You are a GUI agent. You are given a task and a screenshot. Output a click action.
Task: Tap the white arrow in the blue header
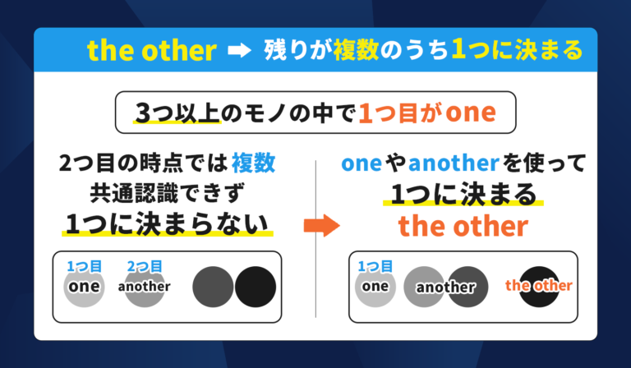click(x=238, y=51)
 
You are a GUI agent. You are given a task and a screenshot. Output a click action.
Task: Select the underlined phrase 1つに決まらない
click(x=166, y=223)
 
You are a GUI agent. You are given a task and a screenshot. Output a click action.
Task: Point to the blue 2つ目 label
click(x=144, y=266)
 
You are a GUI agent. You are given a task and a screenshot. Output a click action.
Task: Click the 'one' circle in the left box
click(x=84, y=287)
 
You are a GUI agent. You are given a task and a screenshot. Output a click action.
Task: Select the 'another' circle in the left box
click(x=144, y=287)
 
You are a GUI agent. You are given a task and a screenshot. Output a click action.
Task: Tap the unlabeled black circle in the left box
click(x=256, y=287)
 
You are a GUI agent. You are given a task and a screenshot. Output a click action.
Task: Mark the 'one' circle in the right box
click(x=375, y=287)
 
